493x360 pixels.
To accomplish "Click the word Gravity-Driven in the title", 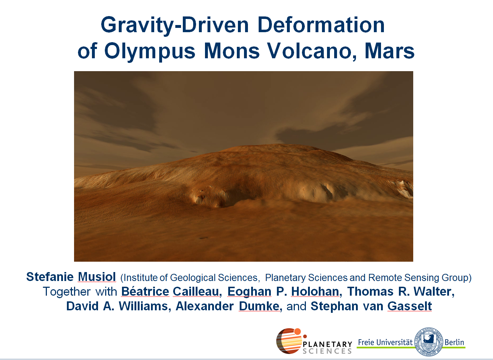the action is point(175,25).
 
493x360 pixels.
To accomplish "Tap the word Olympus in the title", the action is point(150,52).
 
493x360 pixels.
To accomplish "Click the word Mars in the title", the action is point(390,51).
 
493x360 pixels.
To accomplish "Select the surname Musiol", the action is point(97,277).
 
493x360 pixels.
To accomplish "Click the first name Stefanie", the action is point(50,277).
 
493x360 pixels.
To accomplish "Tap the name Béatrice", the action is point(145,291).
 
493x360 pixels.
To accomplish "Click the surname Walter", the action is point(434,291).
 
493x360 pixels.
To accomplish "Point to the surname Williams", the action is point(145,306).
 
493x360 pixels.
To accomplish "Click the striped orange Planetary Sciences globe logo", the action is point(291,340).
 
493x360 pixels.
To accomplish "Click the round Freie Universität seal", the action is point(429,341).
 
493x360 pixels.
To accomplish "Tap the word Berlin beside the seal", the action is point(454,342).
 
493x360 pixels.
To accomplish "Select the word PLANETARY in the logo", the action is point(327,344).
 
